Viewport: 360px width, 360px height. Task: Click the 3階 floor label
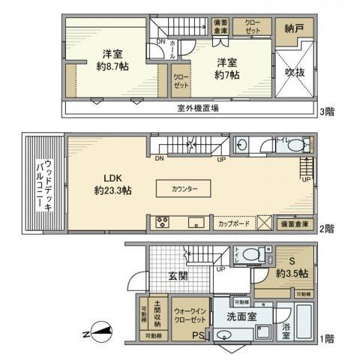pyautogui.click(x=328, y=112)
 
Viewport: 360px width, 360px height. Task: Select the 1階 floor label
pyautogui.click(x=328, y=339)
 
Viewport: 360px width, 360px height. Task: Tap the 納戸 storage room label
pyautogui.click(x=294, y=30)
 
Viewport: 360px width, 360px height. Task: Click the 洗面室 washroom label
pyautogui.click(x=241, y=316)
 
